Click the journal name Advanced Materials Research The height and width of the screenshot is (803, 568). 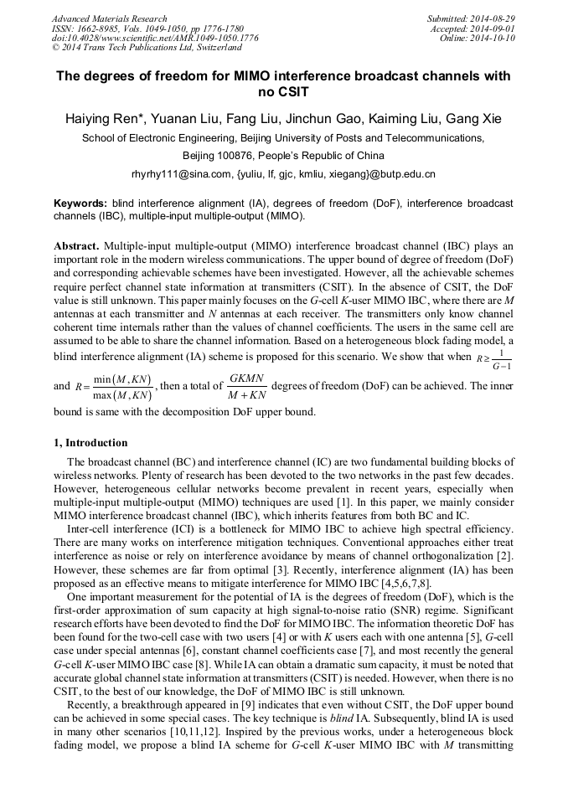tap(109, 18)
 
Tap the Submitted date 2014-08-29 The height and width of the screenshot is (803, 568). tap(495, 18)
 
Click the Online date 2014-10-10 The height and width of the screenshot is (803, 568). tap(495, 39)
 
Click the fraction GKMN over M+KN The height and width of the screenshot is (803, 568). tap(246, 386)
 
